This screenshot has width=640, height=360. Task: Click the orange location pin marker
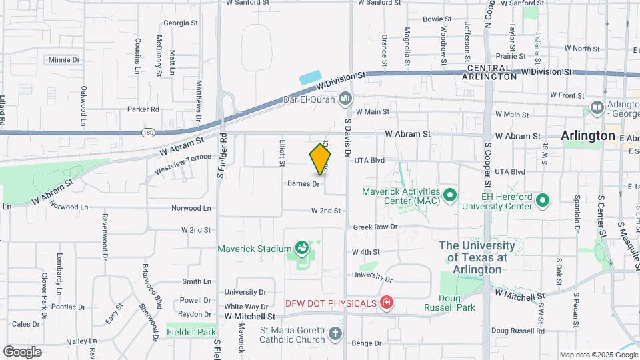pyautogui.click(x=320, y=159)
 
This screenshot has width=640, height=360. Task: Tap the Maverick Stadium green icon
pyautogui.click(x=303, y=249)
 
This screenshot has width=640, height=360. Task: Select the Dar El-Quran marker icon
pyautogui.click(x=345, y=100)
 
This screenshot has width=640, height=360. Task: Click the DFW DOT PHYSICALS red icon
pyautogui.click(x=385, y=303)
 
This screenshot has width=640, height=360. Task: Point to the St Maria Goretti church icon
pyautogui.click(x=335, y=332)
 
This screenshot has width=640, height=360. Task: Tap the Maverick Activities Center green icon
pyautogui.click(x=450, y=195)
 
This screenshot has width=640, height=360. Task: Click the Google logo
pyautogui.click(x=23, y=351)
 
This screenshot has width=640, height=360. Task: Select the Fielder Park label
pyautogui.click(x=191, y=331)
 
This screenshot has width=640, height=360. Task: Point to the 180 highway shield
pyautogui.click(x=148, y=133)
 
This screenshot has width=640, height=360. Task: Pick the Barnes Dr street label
pyautogui.click(x=304, y=183)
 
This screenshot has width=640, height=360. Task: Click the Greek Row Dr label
pyautogui.click(x=375, y=227)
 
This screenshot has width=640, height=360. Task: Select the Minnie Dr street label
pyautogui.click(x=64, y=59)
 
